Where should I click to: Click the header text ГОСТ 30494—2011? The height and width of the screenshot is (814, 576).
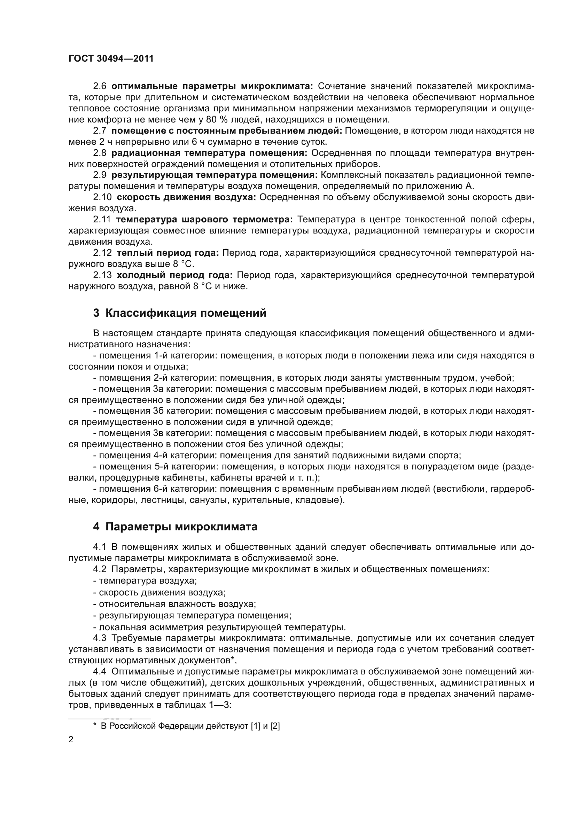[x=111, y=59]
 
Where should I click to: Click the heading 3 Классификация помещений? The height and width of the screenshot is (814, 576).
[x=179, y=313]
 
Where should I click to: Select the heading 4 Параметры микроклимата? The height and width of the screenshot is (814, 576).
[x=175, y=527]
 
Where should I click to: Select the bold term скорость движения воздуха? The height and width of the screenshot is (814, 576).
[x=186, y=197]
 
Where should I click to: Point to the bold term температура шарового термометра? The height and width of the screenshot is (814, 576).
[x=204, y=220]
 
